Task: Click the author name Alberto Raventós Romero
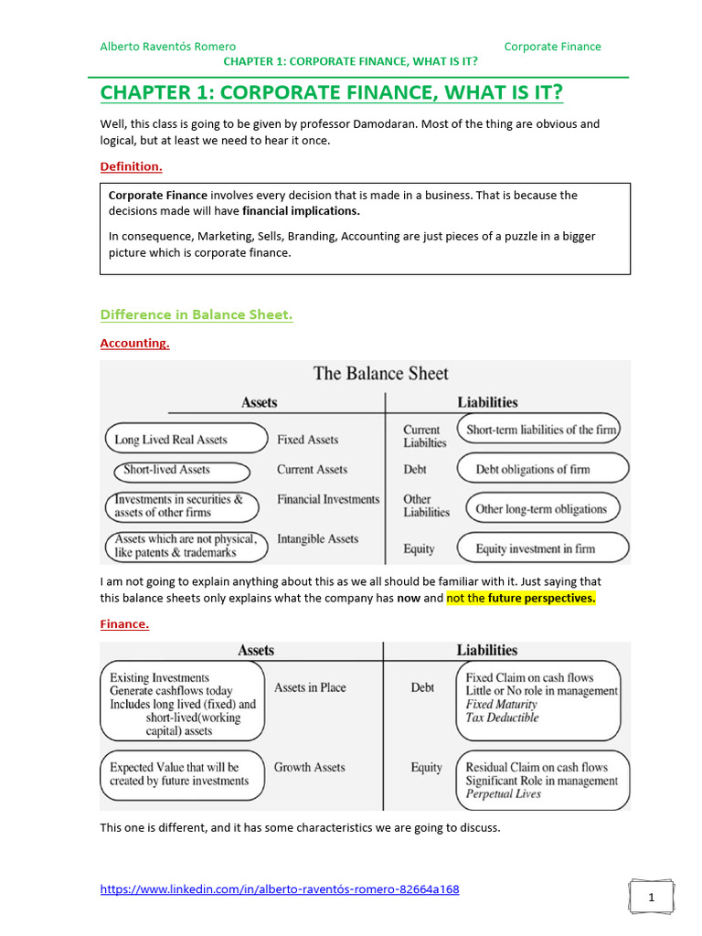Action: [167, 47]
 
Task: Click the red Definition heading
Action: [131, 166]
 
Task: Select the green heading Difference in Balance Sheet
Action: [196, 314]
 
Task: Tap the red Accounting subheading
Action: [134, 344]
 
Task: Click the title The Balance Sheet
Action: [381, 373]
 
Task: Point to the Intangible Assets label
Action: [317, 539]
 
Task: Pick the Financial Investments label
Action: [328, 499]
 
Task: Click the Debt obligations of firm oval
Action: [542, 469]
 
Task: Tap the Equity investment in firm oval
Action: [542, 548]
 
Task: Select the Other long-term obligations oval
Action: [541, 509]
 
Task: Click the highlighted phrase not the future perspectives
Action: [520, 598]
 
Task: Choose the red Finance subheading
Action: [124, 624]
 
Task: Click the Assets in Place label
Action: [310, 687]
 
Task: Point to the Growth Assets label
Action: [309, 768]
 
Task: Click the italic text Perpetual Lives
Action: [503, 794]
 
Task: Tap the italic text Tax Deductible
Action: [502, 718]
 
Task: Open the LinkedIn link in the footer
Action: [279, 889]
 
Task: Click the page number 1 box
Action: [651, 898]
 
